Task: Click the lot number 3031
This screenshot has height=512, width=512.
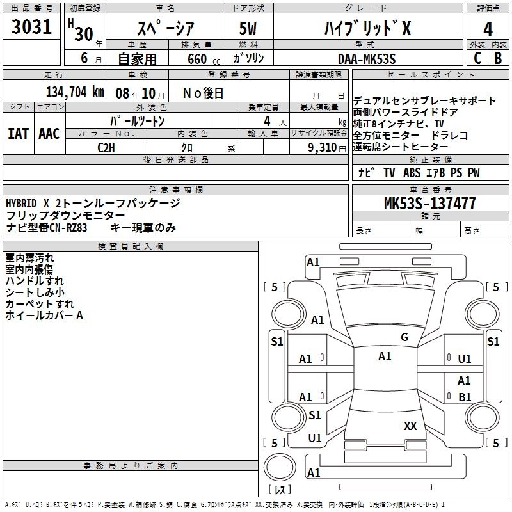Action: click(x=32, y=28)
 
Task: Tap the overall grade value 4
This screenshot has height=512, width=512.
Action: click(x=488, y=29)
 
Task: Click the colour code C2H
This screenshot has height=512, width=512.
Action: click(x=107, y=147)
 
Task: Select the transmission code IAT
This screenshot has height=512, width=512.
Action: click(x=18, y=134)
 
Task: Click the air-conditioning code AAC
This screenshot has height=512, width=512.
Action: click(x=49, y=134)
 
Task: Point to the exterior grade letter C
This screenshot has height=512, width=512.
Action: click(x=477, y=58)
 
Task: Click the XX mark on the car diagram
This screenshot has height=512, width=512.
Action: click(x=410, y=426)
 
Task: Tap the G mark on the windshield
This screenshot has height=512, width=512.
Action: click(x=404, y=337)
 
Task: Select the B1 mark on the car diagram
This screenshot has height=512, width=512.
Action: click(x=465, y=397)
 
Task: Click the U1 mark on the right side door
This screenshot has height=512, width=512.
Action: click(x=465, y=359)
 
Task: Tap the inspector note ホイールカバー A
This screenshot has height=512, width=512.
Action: click(x=45, y=316)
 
